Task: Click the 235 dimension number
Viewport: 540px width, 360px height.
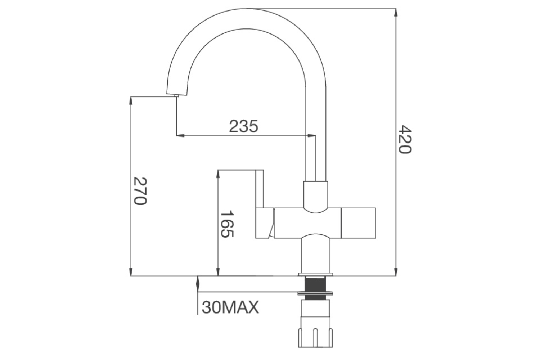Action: coord(244,126)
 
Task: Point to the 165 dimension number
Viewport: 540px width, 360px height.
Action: coord(227,224)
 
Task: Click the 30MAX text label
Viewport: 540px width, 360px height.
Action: coord(230,307)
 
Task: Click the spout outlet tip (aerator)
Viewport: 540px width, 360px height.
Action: coord(176,95)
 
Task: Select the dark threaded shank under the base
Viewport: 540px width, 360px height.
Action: coord(316,285)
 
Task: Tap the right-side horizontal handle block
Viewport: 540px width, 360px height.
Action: coord(358,223)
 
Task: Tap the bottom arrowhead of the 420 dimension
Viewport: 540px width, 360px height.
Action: coord(396,273)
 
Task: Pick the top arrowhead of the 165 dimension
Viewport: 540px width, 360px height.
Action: coord(217,174)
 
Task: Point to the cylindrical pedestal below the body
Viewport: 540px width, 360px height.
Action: coord(316,254)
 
